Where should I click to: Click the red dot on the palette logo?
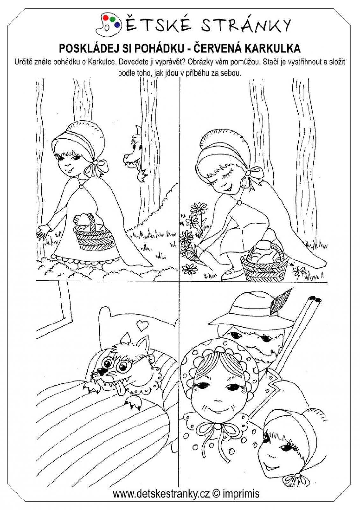(105, 18)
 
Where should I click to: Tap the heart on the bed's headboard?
(143, 325)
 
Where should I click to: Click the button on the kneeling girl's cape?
(239, 202)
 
